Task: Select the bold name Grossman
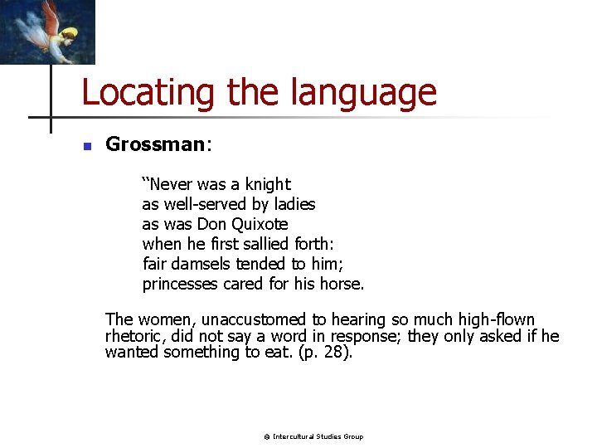(x=155, y=144)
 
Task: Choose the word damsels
(x=201, y=264)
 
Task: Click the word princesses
(x=180, y=284)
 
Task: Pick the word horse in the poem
(x=342, y=284)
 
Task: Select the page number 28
(x=337, y=352)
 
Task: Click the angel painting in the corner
(x=47, y=32)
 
